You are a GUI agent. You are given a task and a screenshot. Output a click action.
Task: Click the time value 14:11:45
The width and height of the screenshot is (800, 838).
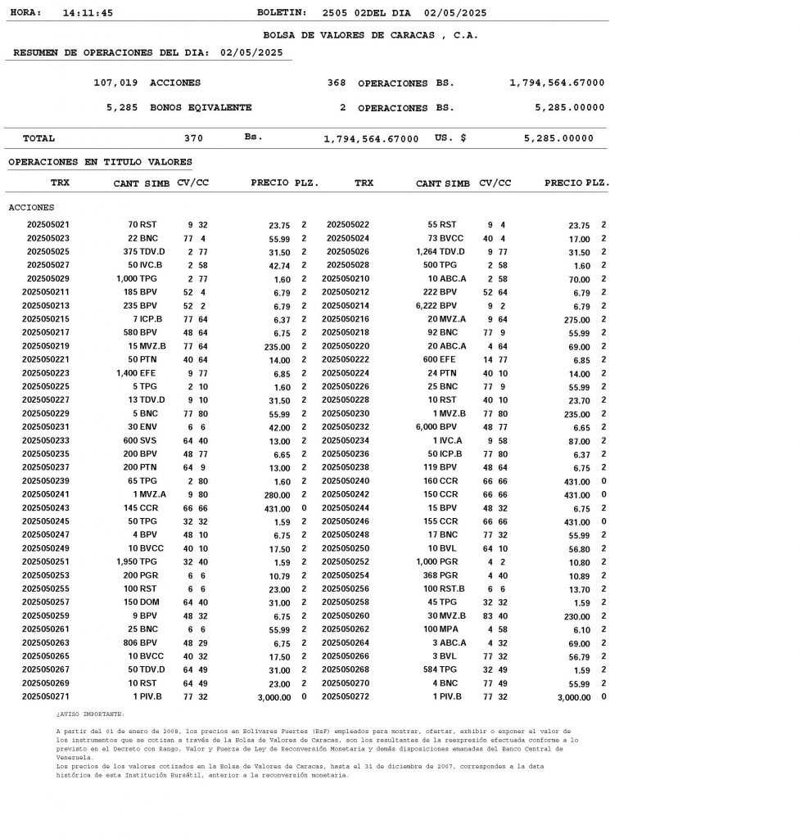coord(88,13)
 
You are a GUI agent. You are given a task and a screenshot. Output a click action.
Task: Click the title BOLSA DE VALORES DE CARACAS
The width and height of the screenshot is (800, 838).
coord(370,35)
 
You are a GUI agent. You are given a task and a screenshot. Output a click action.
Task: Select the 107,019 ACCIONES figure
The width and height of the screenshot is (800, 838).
coord(147,83)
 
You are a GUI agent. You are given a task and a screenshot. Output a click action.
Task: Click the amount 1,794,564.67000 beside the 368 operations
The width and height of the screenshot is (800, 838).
coord(557,83)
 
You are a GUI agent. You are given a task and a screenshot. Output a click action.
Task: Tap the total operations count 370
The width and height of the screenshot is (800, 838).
coord(193,138)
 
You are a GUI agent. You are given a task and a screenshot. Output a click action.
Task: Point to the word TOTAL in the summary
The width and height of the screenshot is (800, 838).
coord(39,138)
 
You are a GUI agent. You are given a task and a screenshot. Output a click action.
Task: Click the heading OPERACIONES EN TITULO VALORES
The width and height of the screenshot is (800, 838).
coord(100,162)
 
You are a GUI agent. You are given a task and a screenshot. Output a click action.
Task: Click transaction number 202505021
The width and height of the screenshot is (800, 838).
coord(48,224)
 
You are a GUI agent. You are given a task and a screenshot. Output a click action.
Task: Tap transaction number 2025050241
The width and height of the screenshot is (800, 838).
coord(46,494)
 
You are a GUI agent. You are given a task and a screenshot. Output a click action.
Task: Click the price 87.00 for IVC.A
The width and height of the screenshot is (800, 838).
coord(577,441)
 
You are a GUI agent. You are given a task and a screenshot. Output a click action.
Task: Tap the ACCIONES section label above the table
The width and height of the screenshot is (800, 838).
coord(31,208)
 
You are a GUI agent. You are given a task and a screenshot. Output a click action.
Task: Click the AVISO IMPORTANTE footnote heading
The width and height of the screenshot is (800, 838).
coord(90,714)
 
